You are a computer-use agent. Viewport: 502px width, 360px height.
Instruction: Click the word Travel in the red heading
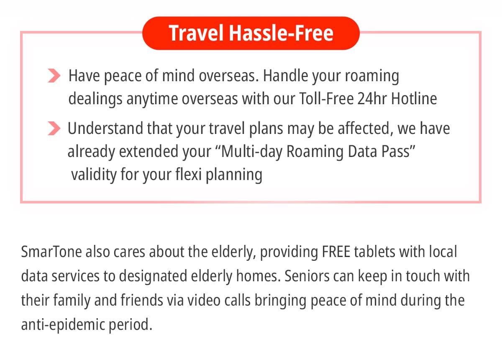196,33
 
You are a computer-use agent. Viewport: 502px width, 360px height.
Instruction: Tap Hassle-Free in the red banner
281,33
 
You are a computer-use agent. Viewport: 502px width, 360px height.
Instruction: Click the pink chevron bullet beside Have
54,76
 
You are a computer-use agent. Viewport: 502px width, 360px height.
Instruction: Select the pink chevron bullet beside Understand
54,128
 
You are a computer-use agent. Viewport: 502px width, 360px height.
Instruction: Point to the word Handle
285,76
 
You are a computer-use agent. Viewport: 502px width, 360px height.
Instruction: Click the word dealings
95,99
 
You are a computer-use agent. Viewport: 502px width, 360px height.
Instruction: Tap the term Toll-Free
326,98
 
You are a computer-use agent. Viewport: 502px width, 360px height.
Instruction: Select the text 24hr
372,98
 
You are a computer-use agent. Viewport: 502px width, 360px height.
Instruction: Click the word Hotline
414,98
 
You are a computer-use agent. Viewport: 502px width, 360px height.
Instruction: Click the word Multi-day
251,152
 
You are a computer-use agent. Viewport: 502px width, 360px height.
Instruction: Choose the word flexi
189,174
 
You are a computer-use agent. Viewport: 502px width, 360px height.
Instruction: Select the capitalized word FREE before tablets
336,252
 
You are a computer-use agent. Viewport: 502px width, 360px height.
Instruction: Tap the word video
204,300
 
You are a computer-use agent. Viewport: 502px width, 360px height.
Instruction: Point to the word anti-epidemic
63,325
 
